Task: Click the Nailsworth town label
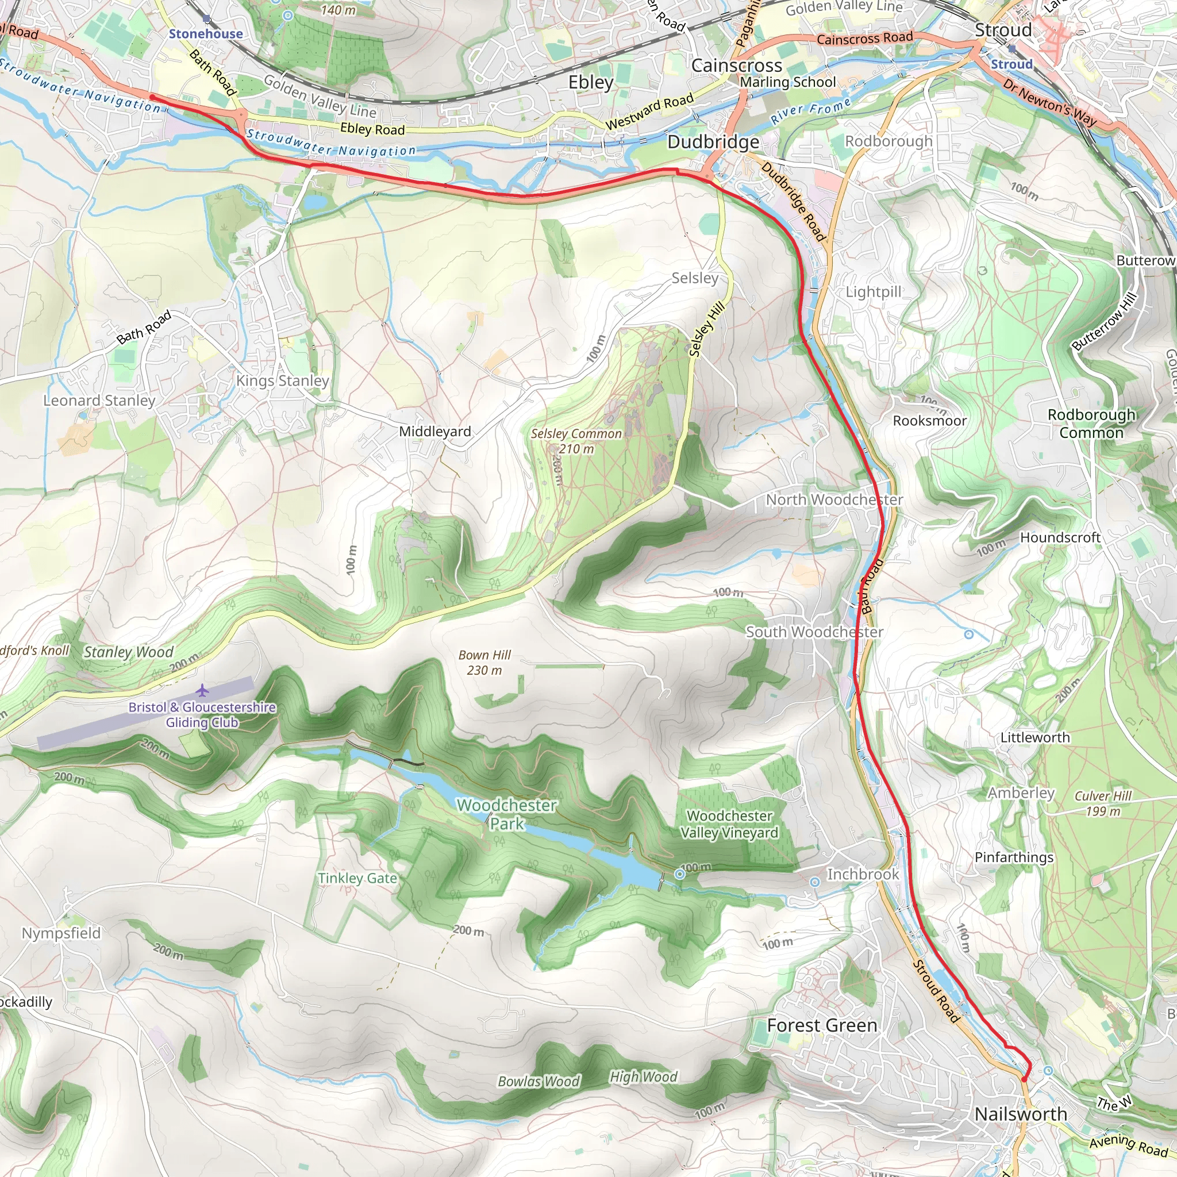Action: pos(1021,1114)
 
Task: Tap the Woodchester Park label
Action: pos(507,814)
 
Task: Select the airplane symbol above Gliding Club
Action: pos(202,691)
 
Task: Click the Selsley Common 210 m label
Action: pos(576,441)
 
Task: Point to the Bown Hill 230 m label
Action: pos(484,662)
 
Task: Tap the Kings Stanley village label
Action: pos(283,381)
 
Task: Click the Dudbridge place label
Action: pos(713,142)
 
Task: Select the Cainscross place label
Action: pos(737,65)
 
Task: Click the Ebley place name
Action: pos(591,82)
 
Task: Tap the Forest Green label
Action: pos(822,1025)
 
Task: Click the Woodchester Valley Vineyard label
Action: pos(729,824)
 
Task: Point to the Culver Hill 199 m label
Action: pos(1103,803)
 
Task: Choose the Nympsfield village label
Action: pos(61,933)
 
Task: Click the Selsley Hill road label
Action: pos(707,329)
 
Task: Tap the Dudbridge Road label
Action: pos(793,202)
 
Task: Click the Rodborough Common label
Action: pos(1091,424)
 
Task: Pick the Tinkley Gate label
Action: pos(357,878)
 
